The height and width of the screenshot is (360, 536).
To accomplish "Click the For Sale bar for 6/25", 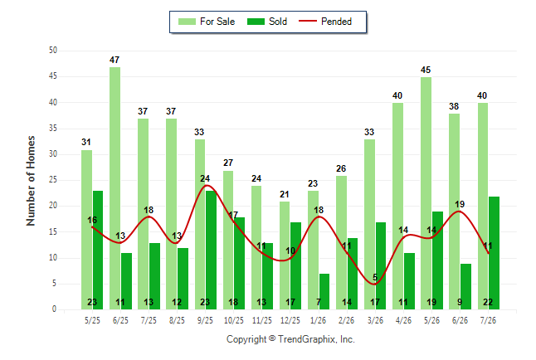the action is click(115, 188).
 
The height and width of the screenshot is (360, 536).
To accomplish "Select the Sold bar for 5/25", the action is click(98, 251).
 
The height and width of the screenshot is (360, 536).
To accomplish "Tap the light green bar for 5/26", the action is click(426, 193).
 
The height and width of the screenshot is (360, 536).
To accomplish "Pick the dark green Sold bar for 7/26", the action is click(494, 253).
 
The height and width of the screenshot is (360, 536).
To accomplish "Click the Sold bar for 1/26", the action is click(324, 292).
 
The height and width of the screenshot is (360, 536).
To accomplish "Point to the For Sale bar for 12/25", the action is click(285, 255).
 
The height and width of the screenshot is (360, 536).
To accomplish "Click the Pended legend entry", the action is click(325, 22).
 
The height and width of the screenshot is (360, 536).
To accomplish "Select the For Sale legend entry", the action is click(207, 22).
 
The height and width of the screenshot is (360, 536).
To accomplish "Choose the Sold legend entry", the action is click(267, 22).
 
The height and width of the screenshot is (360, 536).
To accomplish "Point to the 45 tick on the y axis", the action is click(52, 76).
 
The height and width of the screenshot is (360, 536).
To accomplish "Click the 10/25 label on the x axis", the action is click(234, 320).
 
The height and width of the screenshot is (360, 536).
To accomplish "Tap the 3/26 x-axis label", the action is click(375, 320).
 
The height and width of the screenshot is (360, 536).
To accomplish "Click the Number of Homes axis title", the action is click(31, 181).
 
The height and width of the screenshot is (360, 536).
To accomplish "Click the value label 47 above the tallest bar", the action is click(115, 60).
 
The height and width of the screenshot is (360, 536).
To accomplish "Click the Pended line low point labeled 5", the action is click(375, 285).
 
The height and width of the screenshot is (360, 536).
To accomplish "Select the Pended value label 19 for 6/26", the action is click(460, 204).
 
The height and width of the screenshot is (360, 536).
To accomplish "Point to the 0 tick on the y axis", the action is click(55, 309).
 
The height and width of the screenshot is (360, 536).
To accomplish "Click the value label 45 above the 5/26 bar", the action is click(426, 70).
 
